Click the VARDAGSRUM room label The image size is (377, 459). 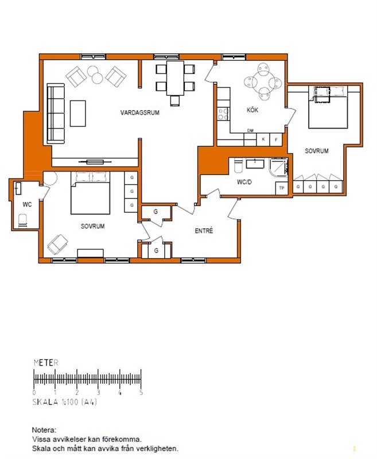click(140, 112)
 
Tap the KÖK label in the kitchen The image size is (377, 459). click(252, 110)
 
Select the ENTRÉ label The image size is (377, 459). click(204, 231)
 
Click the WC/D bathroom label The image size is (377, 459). click(244, 182)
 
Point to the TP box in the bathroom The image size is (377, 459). click(282, 188)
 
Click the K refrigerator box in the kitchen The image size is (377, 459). click(263, 139)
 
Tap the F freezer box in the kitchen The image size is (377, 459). click(276, 139)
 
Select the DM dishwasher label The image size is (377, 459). click(250, 131)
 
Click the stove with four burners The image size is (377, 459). click(223, 114)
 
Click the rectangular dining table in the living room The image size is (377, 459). click(175, 78)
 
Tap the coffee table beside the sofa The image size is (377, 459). click(78, 113)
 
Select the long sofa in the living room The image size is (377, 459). click(56, 114)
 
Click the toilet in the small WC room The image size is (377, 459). click(22, 220)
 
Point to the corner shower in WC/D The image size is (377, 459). click(279, 168)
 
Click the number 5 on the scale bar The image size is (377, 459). click(141, 392)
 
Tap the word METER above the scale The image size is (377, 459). click(46, 363)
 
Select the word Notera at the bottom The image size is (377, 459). click(44, 430)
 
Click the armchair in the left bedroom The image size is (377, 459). click(57, 244)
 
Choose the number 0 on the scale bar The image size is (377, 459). click(34, 392)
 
